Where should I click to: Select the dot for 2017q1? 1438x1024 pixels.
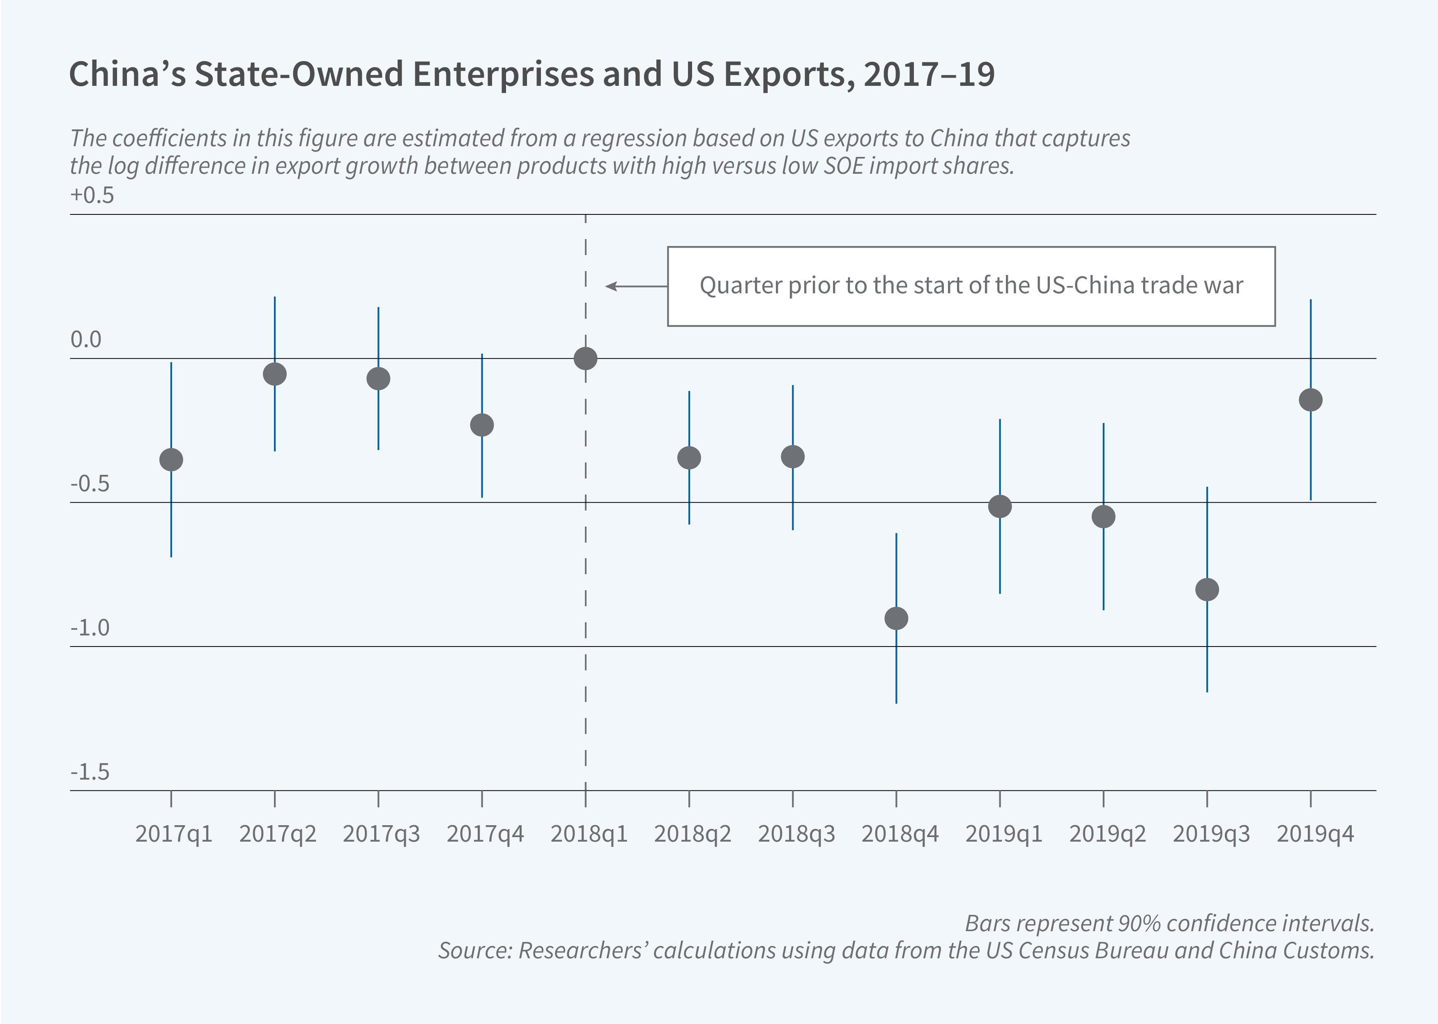click(171, 460)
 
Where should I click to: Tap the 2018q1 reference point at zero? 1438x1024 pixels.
click(586, 359)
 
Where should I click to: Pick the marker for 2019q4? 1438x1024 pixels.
click(1311, 400)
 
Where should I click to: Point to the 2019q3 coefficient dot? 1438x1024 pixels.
click(1207, 589)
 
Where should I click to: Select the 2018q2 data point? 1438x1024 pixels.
click(689, 458)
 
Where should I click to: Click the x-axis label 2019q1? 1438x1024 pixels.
click(1003, 834)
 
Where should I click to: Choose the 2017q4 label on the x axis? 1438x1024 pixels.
click(485, 834)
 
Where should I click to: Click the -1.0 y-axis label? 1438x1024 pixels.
click(90, 628)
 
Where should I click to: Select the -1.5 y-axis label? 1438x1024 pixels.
click(90, 772)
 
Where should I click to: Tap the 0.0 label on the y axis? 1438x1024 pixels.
click(86, 340)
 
